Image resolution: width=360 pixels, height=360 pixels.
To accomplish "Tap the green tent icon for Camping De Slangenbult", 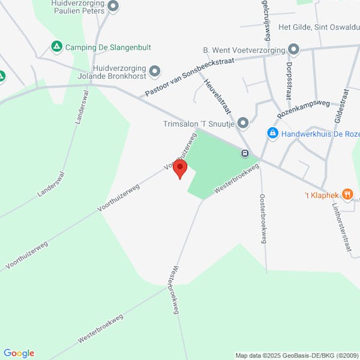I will tap(56, 46).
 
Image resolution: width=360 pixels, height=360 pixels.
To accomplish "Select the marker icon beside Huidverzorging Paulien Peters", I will tap(113, 7).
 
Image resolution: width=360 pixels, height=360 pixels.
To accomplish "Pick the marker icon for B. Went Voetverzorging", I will tap(293, 49).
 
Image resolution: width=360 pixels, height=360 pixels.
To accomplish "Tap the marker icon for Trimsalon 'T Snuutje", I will tap(242, 124).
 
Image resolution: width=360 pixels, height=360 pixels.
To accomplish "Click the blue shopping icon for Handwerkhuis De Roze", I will tap(272, 133).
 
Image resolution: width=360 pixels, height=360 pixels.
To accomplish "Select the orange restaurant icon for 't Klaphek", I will tap(347, 194).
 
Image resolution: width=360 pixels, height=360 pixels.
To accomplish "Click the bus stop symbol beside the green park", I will tap(245, 153).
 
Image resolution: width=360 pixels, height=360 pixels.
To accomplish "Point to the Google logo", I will tap(19, 353).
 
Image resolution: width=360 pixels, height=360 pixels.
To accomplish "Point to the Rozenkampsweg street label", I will tap(303, 109).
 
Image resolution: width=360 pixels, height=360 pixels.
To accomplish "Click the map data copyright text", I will tap(296, 355).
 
